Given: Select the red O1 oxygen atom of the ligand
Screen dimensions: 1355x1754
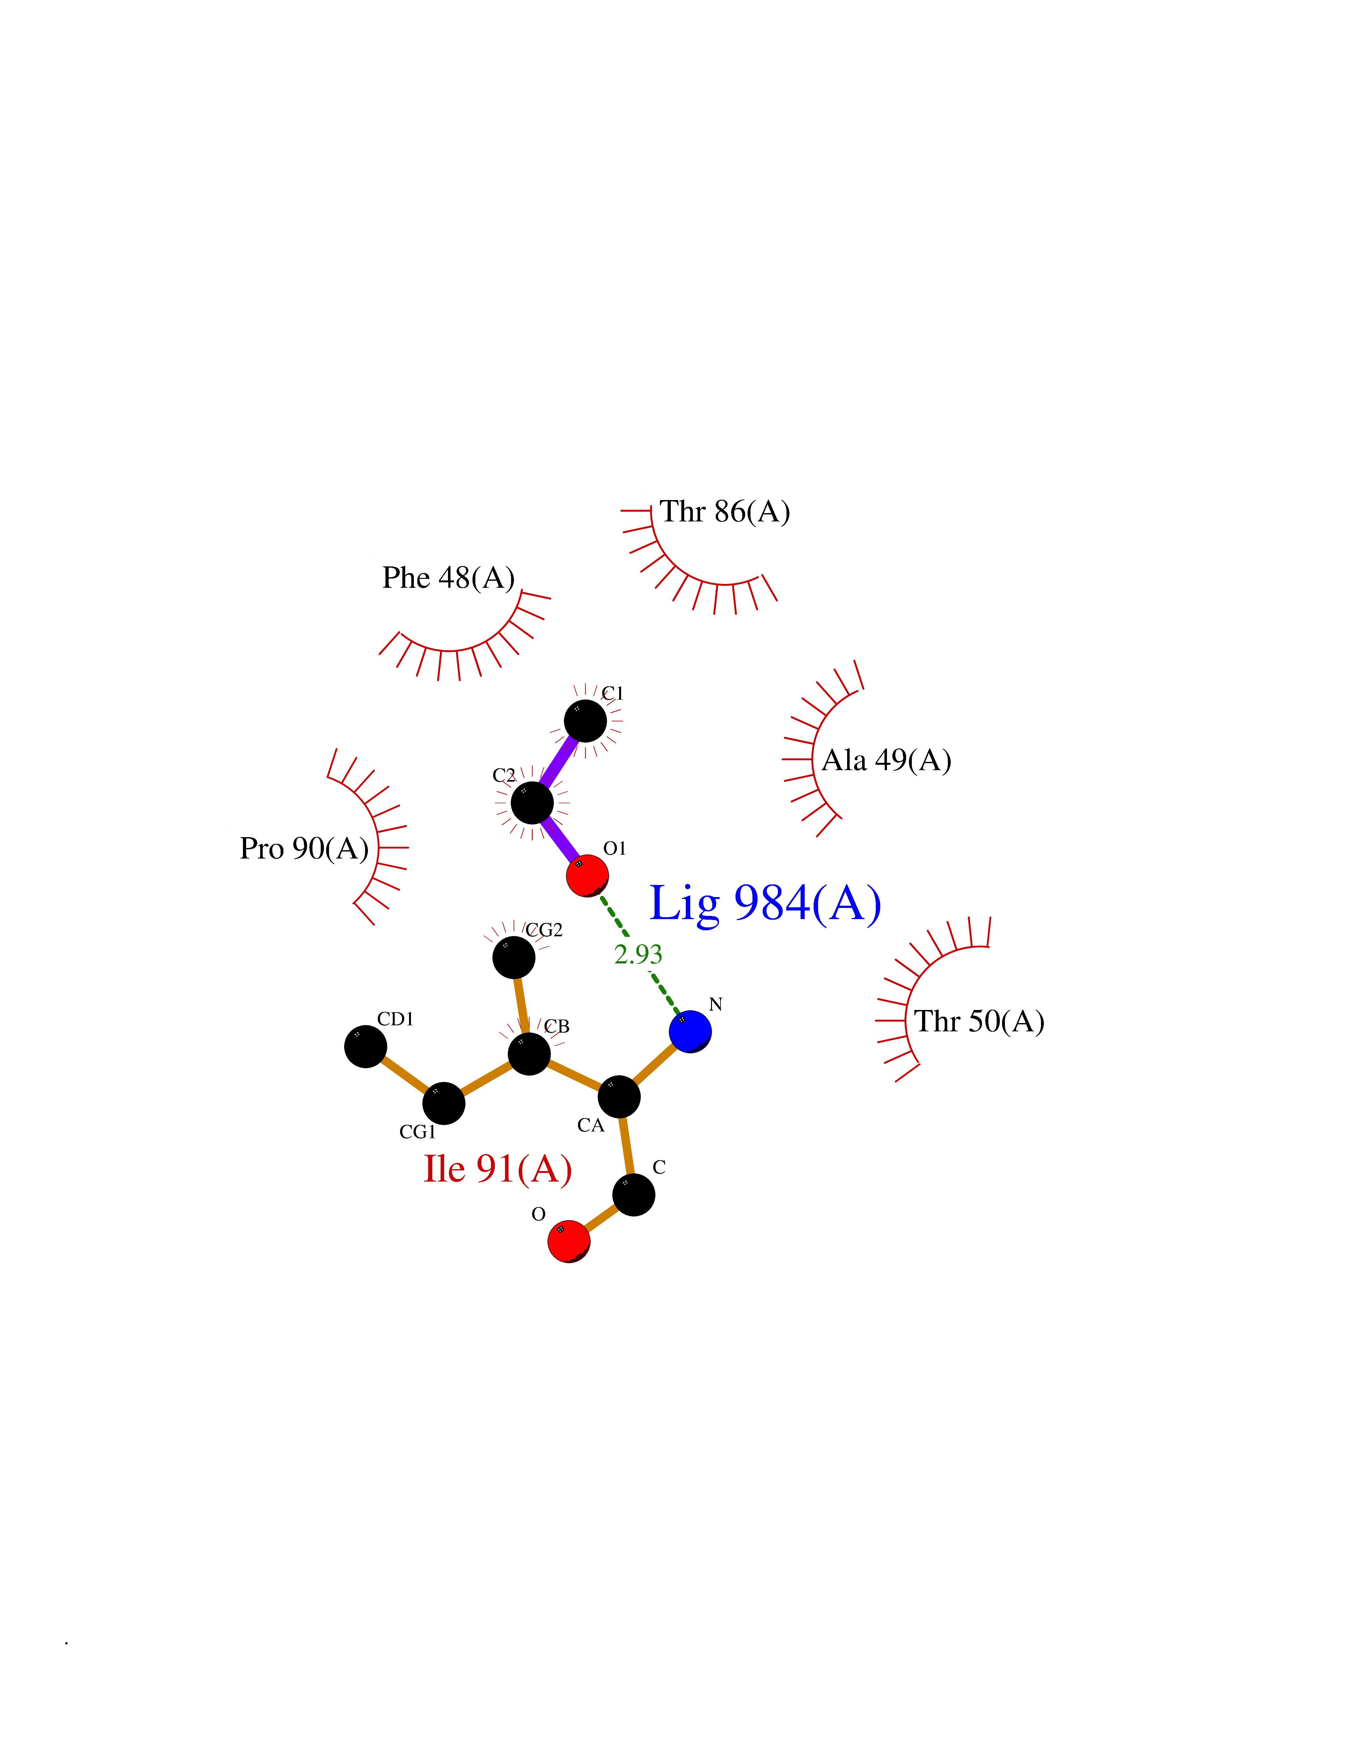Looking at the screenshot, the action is pyautogui.click(x=587, y=875).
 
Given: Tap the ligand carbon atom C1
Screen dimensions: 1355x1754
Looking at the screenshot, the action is pyautogui.click(x=585, y=720).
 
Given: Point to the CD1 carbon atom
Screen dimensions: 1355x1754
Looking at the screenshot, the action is pyautogui.click(x=365, y=1046).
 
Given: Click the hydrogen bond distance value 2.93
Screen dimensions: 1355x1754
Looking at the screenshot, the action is pyautogui.click(x=638, y=954).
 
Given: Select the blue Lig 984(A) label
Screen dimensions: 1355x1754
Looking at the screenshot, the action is pyautogui.click(x=765, y=903).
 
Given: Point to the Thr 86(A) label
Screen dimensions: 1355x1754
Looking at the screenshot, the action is pyautogui.click(x=725, y=512).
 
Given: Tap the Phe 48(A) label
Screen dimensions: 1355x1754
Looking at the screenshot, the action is pyautogui.click(x=448, y=578).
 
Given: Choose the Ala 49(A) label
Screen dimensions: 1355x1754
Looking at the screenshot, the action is pyautogui.click(x=886, y=760).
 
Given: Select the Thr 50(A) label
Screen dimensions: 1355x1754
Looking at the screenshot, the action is pyautogui.click(x=979, y=1021).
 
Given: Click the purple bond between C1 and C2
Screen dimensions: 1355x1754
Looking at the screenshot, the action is pyautogui.click(x=559, y=761).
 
